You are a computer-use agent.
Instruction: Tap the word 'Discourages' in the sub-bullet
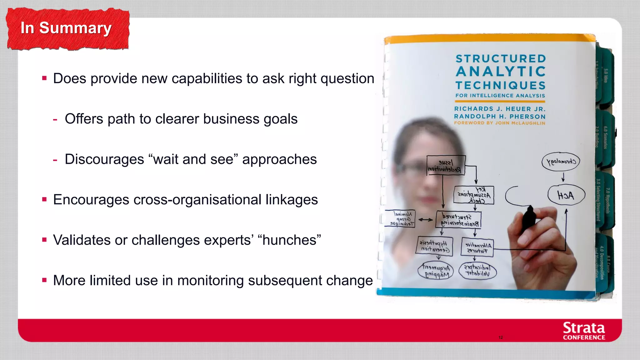104,159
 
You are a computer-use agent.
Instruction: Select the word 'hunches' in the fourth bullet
289,240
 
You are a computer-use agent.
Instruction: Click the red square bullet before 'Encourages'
44,199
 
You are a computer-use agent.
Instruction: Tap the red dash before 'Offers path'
55,119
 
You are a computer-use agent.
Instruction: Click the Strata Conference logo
583,331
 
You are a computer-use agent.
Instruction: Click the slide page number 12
501,337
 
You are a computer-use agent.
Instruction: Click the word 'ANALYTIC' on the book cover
501,72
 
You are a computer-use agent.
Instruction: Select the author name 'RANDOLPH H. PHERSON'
500,116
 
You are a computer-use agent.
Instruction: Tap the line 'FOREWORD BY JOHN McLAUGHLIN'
499,123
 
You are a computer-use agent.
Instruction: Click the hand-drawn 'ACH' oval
566,195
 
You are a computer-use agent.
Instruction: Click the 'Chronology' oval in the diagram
561,162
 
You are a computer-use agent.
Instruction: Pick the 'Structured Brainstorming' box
458,220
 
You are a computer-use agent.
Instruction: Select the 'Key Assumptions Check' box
474,195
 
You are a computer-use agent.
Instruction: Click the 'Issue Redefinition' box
446,165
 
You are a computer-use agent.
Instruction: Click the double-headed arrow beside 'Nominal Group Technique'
425,220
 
